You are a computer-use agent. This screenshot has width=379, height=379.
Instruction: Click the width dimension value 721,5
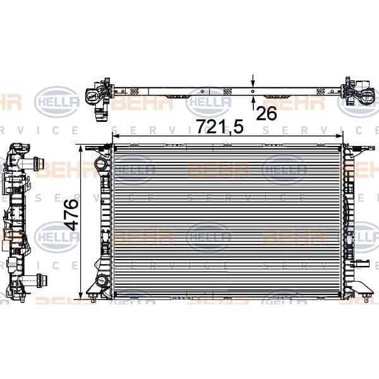[219, 127]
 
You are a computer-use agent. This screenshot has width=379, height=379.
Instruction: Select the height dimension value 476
[70, 214]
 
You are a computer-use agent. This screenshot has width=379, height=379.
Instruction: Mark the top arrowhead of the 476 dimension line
[80, 148]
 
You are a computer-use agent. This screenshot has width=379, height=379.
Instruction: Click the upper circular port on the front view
[100, 165]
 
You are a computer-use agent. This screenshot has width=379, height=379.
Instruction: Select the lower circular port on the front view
[100, 280]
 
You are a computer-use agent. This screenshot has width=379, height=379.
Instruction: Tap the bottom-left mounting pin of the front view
[93, 294]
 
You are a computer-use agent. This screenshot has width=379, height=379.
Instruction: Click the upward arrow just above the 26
[253, 100]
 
